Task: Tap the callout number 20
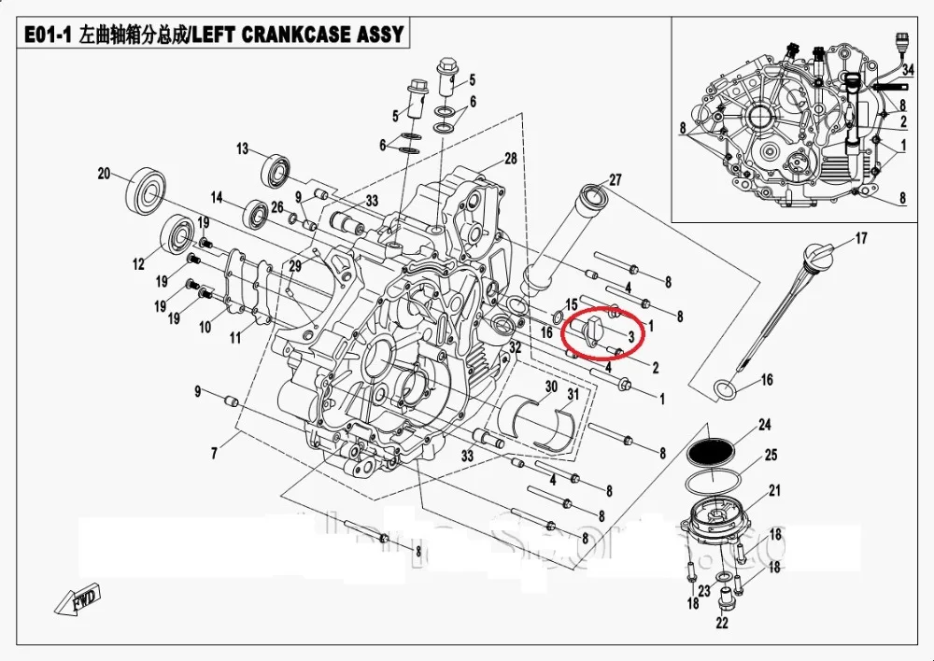pyautogui.click(x=105, y=174)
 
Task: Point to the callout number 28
pyautogui.click(x=510, y=159)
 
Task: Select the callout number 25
pyautogui.click(x=771, y=455)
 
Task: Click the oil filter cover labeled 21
pyautogui.click(x=720, y=524)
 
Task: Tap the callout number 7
pyautogui.click(x=216, y=454)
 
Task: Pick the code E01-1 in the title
pyautogui.click(x=48, y=35)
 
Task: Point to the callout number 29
pyautogui.click(x=296, y=266)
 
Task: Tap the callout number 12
pyautogui.click(x=139, y=264)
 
